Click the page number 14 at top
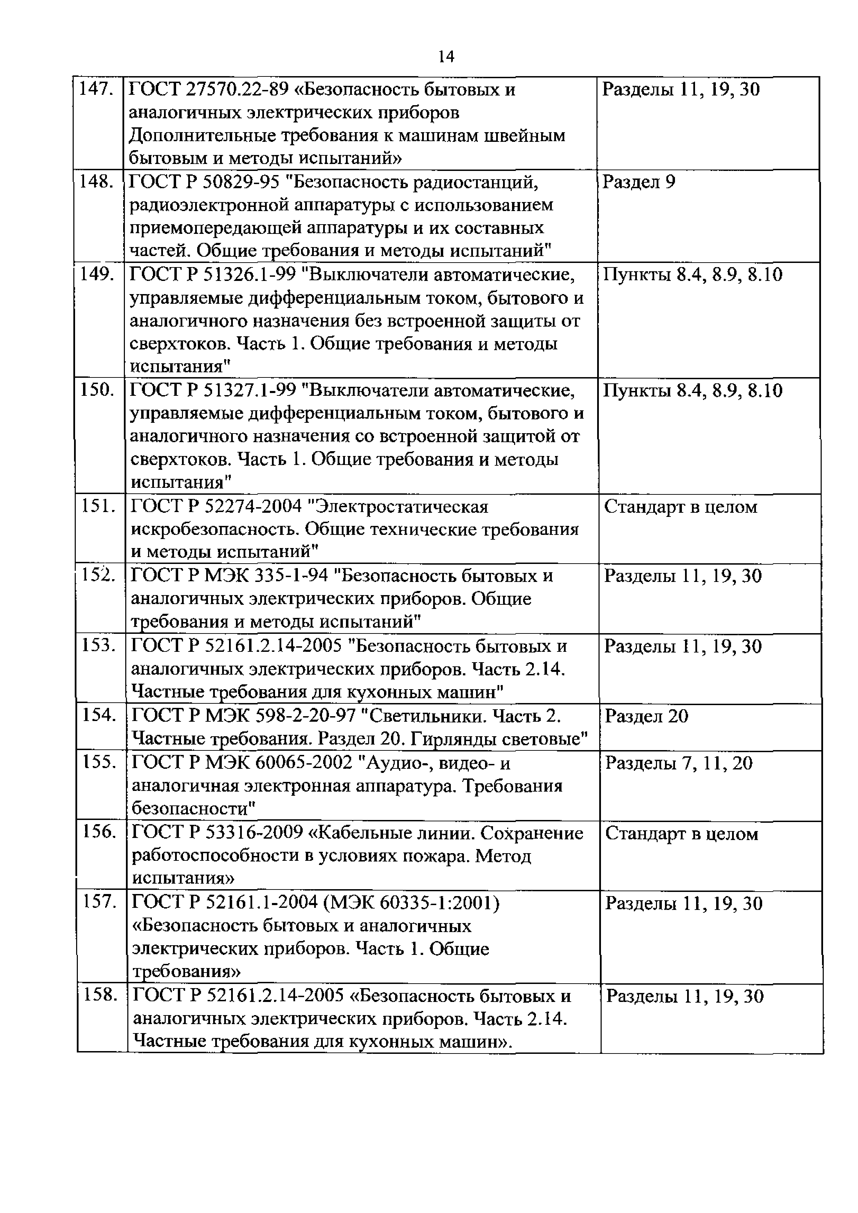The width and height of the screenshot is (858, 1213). click(446, 56)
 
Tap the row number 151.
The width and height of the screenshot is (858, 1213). click(98, 506)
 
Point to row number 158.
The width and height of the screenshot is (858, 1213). click(100, 995)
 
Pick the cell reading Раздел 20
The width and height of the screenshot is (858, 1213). click(647, 717)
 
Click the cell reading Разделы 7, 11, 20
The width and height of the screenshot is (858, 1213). click(678, 764)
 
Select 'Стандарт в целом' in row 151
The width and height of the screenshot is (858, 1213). click(681, 507)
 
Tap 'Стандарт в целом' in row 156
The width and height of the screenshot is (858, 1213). click(682, 834)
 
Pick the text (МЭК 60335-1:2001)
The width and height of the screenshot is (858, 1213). click(412, 903)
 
